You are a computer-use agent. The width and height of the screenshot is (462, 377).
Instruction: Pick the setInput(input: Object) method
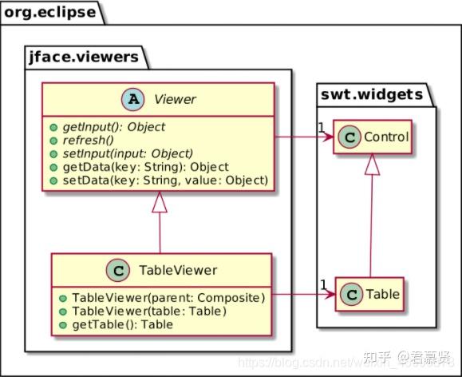coord(125,153)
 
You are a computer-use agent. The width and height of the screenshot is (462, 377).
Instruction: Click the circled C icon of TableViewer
coord(118,270)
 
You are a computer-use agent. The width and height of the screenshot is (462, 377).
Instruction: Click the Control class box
coord(372,137)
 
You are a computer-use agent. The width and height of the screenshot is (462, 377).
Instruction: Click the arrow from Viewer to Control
coord(303,137)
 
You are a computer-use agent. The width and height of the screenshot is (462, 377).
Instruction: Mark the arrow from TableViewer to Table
coord(303,295)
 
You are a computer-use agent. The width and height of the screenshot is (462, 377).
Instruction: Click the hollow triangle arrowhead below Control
coord(372,165)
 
